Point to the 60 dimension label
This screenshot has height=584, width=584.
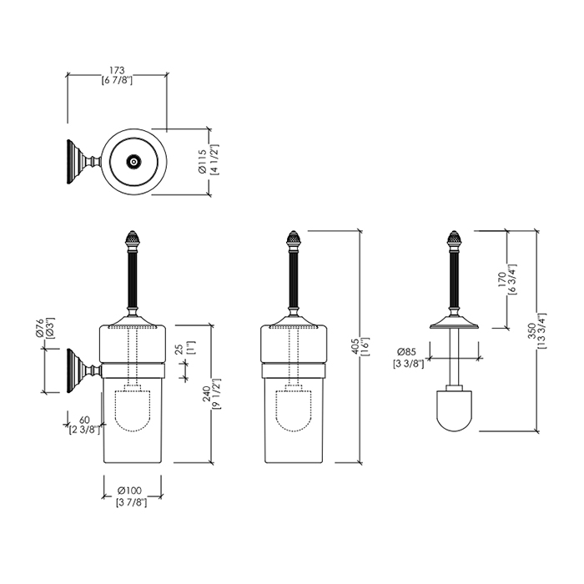[x=83, y=420]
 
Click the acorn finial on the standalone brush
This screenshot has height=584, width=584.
[x=456, y=240]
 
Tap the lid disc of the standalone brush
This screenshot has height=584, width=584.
[x=456, y=325]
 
